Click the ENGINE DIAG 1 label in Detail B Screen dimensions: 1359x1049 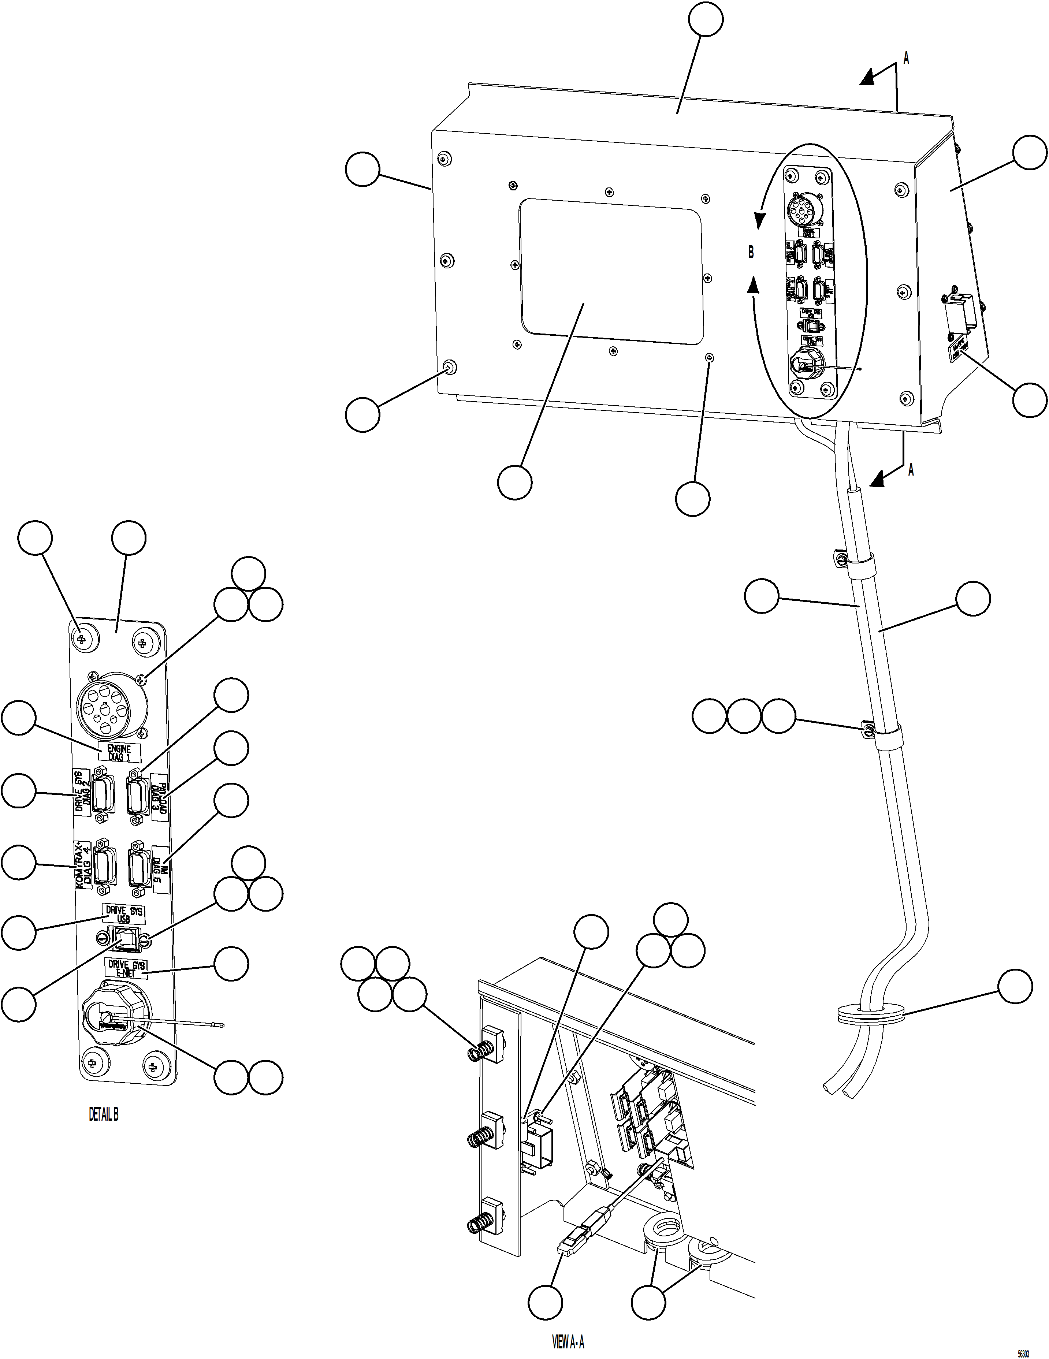(119, 753)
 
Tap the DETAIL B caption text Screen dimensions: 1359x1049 (103, 1114)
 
